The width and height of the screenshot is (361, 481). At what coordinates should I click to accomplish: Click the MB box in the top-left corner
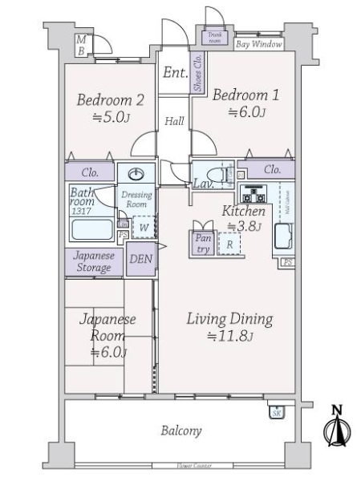tap(81, 45)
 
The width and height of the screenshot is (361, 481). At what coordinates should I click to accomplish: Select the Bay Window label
tap(258, 45)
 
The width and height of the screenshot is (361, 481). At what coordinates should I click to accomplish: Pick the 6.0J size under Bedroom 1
tap(245, 112)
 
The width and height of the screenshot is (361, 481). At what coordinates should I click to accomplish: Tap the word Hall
tap(174, 122)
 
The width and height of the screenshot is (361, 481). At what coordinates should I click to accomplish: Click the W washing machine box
tap(143, 227)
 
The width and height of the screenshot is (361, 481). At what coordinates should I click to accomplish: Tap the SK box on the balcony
tap(275, 412)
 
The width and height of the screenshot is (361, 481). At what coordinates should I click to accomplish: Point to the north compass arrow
tap(337, 428)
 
